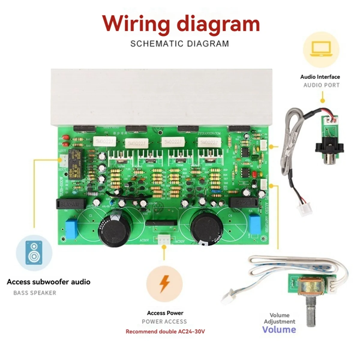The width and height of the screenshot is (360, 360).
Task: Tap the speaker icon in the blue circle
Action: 34,253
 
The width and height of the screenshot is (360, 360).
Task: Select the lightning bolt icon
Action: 164,283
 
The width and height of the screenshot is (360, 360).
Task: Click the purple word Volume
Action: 279,329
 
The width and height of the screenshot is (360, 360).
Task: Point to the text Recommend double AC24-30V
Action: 165,331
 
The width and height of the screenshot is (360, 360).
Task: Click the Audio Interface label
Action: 320,77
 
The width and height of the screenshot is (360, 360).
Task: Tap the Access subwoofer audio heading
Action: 49,282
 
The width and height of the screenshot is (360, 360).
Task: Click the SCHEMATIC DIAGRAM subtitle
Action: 179,43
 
